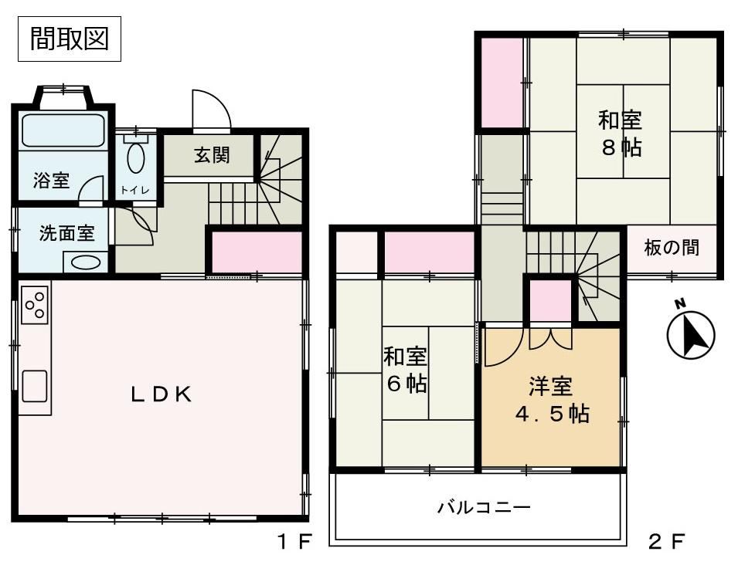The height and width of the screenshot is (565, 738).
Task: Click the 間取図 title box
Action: click(70, 39)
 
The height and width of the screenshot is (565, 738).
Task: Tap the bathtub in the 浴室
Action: click(63, 130)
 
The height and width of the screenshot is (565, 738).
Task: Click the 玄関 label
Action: click(212, 154)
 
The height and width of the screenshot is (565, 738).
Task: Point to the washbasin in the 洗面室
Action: click(85, 262)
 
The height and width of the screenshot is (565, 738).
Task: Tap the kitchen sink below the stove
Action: click(34, 386)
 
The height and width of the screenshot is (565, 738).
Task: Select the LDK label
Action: click(162, 394)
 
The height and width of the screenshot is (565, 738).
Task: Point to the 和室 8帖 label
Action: click(620, 134)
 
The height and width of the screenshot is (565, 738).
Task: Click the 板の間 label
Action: click(672, 247)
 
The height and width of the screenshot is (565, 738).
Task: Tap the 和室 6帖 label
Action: click(405, 370)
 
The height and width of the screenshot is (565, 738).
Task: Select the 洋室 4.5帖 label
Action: click(552, 400)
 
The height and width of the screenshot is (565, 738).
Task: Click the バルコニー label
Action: click(484, 508)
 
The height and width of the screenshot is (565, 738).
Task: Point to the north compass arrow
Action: click(691, 334)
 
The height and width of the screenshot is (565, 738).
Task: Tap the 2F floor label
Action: click(667, 542)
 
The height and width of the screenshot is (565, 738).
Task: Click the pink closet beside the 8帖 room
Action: click(502, 83)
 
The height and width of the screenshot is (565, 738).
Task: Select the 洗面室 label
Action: click(66, 233)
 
